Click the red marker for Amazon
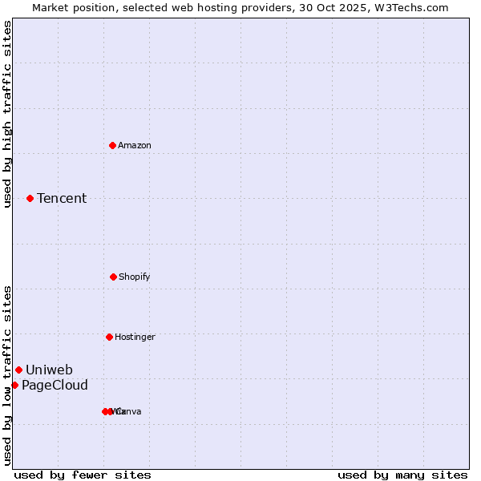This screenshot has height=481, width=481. [x=112, y=145]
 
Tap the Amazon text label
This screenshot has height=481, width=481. [x=135, y=145]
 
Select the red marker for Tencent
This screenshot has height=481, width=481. [x=30, y=198]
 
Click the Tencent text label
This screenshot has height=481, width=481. [x=62, y=198]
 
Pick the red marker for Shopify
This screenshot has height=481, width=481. [x=113, y=277]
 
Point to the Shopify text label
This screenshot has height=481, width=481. [x=135, y=277]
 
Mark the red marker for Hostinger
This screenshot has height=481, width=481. [x=109, y=337]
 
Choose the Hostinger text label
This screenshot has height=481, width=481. [x=135, y=337]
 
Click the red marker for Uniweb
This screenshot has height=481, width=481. [x=18, y=370]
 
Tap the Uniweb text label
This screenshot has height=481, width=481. [x=49, y=370]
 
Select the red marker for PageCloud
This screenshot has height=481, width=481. [x=14, y=385]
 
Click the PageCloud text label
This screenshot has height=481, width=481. [x=55, y=386]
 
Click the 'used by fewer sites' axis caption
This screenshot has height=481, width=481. [x=83, y=475]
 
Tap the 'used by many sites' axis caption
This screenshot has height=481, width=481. [x=402, y=475]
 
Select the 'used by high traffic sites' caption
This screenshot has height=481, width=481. [x=7, y=114]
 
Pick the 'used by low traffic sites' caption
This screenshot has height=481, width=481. [x=7, y=374]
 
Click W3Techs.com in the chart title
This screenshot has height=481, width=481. [x=415, y=7]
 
